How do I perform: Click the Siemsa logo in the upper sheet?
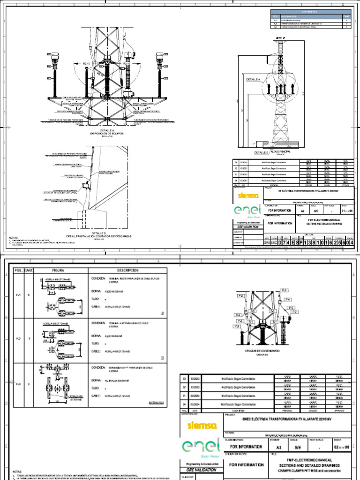[247, 194]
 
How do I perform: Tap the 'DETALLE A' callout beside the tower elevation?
[253, 80]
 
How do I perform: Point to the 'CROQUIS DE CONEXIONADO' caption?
[262, 351]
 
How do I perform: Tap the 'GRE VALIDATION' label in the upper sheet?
[247, 226]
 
